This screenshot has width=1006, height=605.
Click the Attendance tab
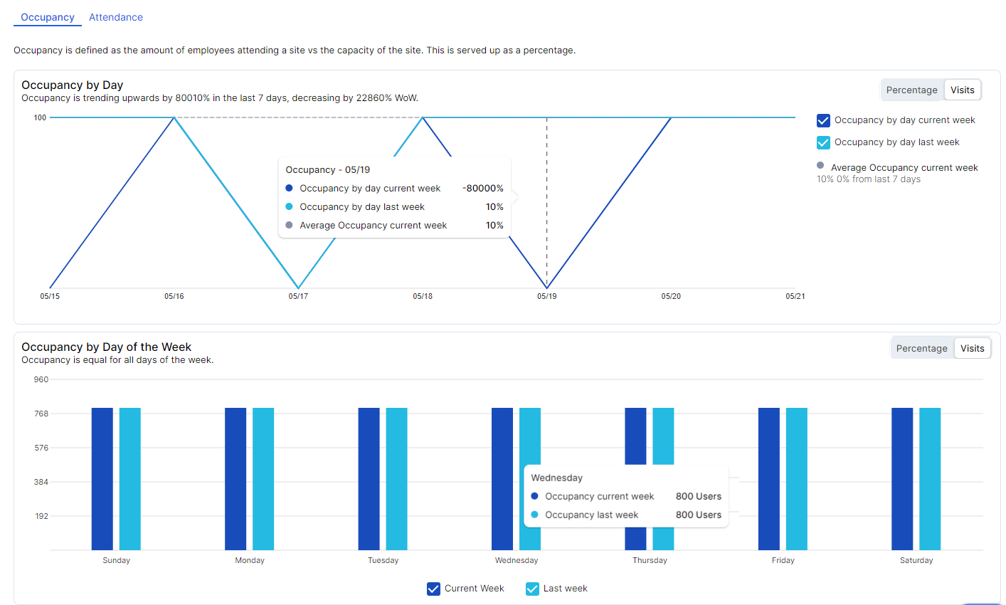click(x=115, y=17)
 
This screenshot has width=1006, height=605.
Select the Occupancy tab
click(x=48, y=17)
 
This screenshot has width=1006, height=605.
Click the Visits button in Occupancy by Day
click(x=962, y=90)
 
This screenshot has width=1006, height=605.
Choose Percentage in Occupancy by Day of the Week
click(x=921, y=348)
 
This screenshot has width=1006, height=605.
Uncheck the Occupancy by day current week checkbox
click(x=823, y=120)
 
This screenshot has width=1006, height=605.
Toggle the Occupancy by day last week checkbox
click(x=823, y=142)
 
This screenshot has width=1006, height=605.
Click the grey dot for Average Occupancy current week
click(x=820, y=165)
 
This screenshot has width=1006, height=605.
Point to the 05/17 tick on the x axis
click(x=298, y=296)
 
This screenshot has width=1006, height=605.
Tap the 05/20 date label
click(x=671, y=296)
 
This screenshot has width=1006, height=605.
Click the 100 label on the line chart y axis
click(x=40, y=117)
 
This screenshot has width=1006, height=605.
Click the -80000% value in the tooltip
click(x=482, y=189)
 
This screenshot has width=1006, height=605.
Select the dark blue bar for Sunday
click(x=102, y=478)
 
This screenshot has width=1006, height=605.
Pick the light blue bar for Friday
click(x=797, y=478)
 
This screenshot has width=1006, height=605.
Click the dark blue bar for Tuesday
click(x=369, y=478)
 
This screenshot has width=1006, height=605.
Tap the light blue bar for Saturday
click(x=930, y=478)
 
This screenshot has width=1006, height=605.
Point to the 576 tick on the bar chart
click(x=41, y=448)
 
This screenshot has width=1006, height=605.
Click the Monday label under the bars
click(x=250, y=560)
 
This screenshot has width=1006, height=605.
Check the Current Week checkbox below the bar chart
click(x=433, y=589)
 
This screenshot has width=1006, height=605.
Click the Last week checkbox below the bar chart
click(x=532, y=589)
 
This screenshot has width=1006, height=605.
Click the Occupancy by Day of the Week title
click(x=106, y=347)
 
